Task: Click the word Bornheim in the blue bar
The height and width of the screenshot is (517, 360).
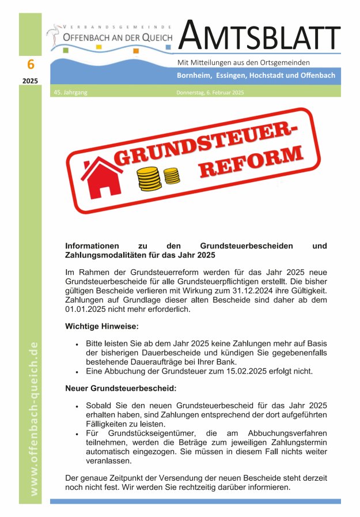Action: coord(194,76)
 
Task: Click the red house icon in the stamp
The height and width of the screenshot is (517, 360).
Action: coord(103,176)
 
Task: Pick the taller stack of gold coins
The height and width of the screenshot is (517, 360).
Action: coord(149,180)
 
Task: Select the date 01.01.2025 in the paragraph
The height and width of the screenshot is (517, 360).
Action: coord(88,310)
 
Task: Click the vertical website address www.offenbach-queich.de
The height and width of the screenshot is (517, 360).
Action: coord(34,418)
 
